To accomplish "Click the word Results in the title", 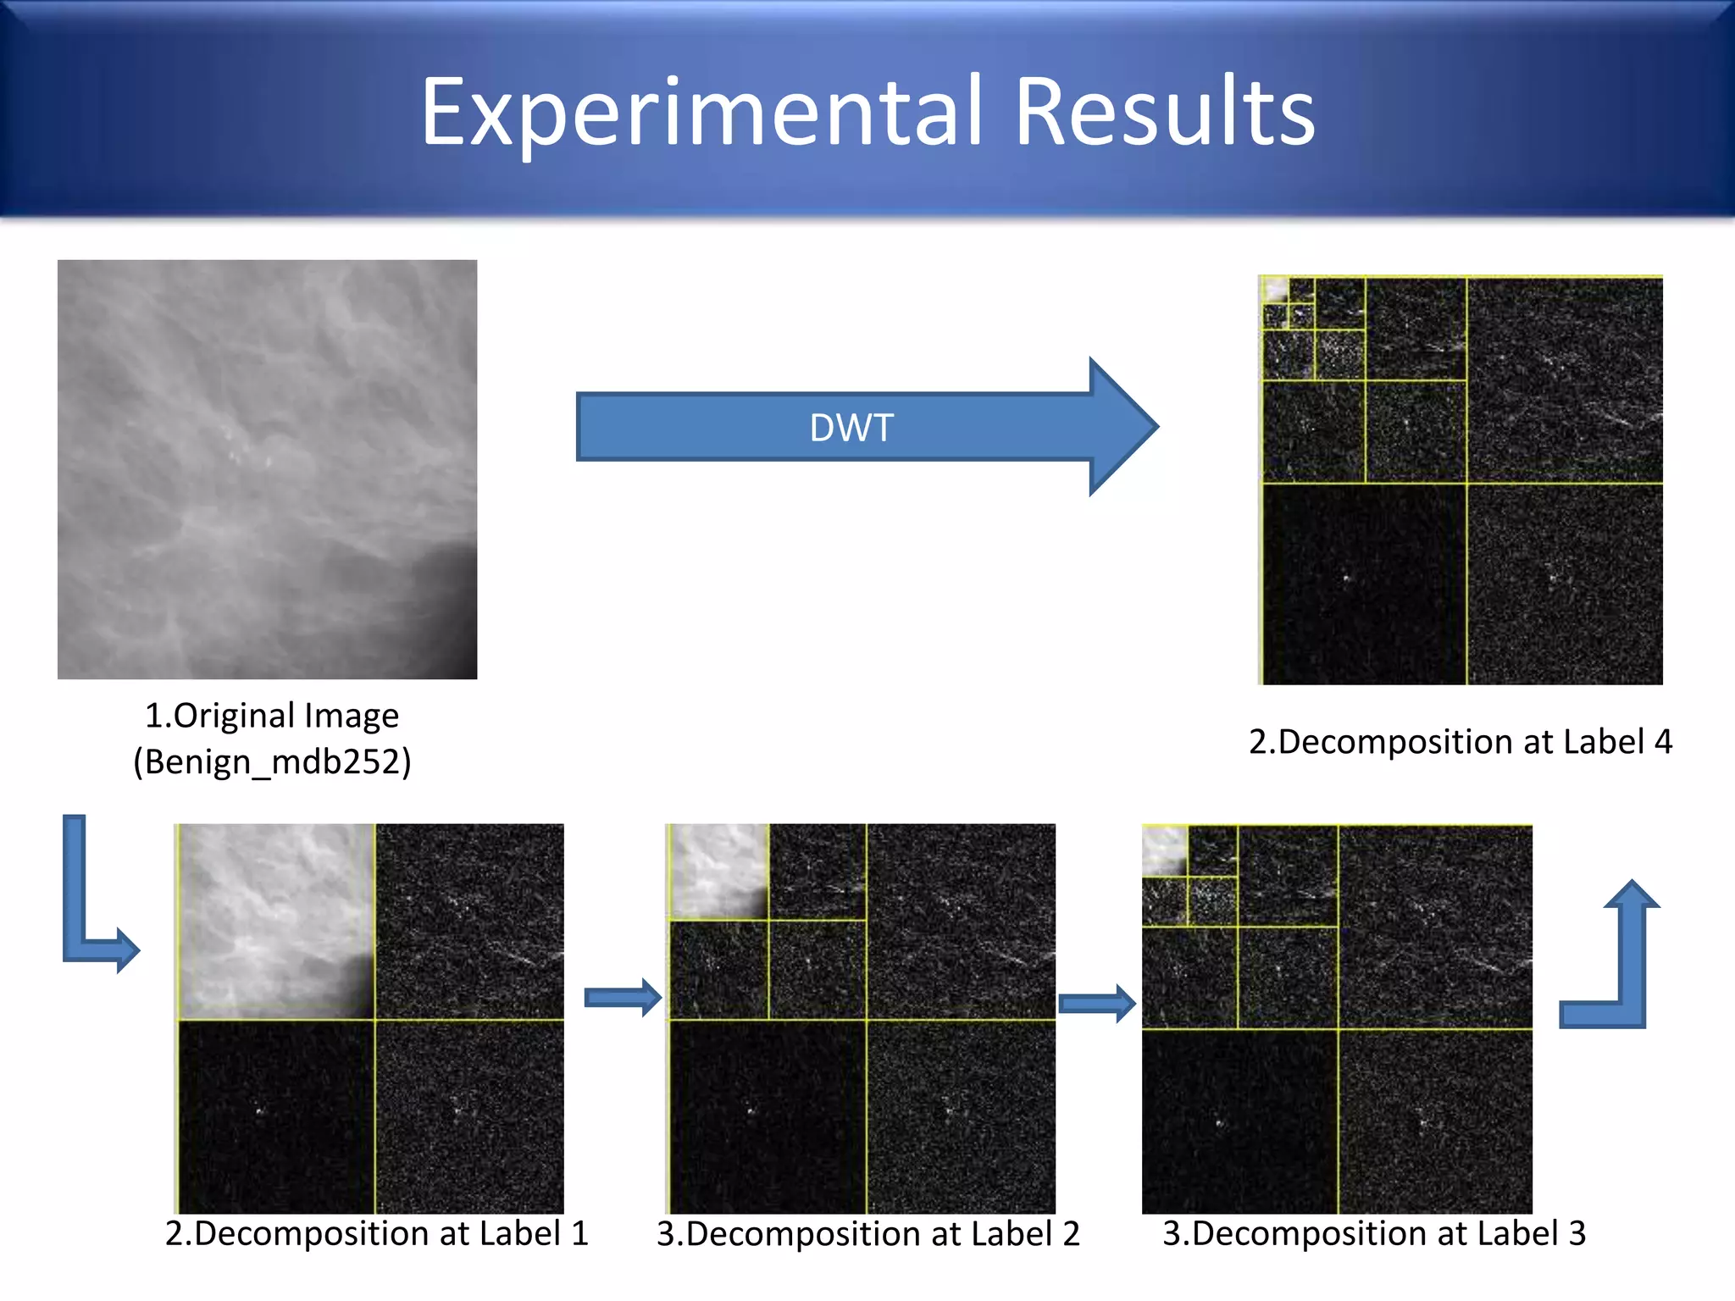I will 1164,113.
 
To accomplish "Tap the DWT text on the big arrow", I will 851,428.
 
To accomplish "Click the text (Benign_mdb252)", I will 272,761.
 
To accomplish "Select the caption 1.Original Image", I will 272,716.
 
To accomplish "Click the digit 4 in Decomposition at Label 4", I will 1662,742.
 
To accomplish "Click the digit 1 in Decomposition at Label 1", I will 579,1234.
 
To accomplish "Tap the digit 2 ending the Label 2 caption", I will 1071,1235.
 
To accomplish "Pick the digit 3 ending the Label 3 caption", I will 1576,1234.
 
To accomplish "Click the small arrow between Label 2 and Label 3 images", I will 1096,1004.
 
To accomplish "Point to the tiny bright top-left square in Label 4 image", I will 1275,290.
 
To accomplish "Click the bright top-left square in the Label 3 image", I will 1164,850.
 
